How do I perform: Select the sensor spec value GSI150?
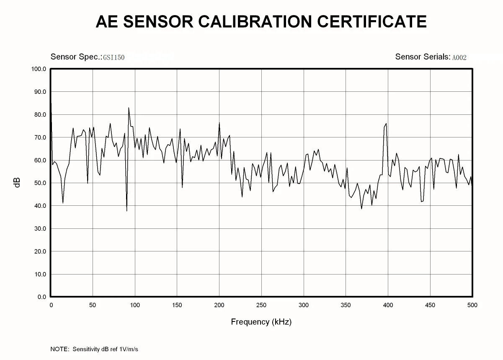(x=114, y=57)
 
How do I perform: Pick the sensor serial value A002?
(x=459, y=57)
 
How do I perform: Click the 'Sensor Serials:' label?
(x=423, y=57)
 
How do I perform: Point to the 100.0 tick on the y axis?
(x=39, y=69)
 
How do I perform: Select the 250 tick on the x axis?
(x=261, y=305)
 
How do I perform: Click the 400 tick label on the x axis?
(x=388, y=305)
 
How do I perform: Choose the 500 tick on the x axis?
(x=472, y=305)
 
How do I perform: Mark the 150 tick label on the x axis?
(x=177, y=305)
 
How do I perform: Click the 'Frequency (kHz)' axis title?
(x=261, y=322)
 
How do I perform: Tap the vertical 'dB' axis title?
(x=17, y=183)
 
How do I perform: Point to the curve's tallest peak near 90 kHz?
(x=129, y=108)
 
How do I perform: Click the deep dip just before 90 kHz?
(x=126, y=210)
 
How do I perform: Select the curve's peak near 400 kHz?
(x=386, y=124)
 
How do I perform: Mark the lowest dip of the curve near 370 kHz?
(x=361, y=208)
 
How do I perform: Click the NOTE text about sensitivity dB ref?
(x=94, y=349)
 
